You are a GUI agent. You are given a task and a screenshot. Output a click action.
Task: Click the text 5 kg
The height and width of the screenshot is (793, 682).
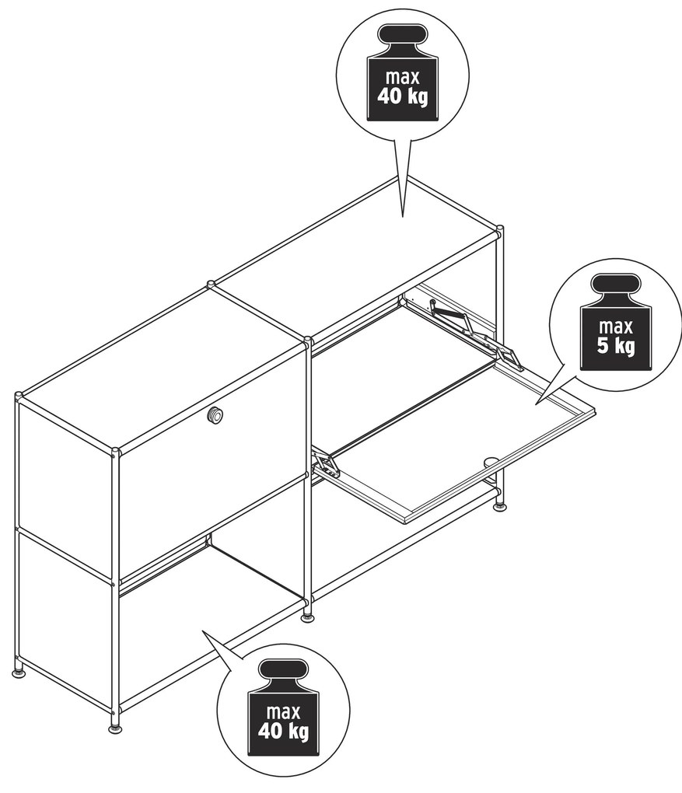pos(616,347)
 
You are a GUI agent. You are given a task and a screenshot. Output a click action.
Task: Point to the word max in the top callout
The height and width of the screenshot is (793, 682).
pos(403,78)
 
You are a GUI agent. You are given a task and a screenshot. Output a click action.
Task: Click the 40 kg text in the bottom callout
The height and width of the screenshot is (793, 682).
pos(283,730)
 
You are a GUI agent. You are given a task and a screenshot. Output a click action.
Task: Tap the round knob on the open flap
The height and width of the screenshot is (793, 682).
pos(490,461)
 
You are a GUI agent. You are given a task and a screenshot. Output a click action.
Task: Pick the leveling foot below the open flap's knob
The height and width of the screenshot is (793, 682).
pos(500,507)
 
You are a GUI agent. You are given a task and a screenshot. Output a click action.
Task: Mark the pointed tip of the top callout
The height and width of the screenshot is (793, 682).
pos(402,217)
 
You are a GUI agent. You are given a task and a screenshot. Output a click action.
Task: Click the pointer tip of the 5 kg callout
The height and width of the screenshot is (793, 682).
pos(536,404)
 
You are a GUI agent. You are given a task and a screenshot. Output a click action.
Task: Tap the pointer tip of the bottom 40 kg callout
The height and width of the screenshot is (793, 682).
pos(202,631)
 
